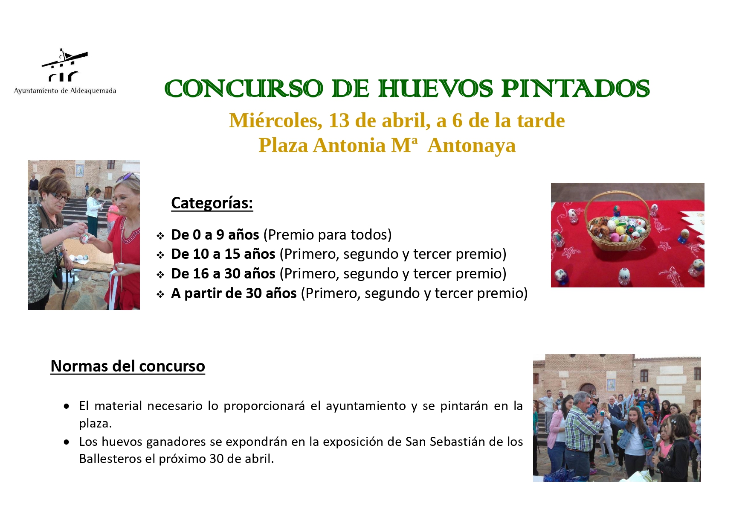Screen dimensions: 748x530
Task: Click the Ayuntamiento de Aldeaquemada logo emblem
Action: pos(64,65)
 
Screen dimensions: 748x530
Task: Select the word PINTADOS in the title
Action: pos(575,89)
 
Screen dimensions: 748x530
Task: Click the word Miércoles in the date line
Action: pos(275,120)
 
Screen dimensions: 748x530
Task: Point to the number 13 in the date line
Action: pos(339,120)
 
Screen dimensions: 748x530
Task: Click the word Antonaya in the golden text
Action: pos(471,145)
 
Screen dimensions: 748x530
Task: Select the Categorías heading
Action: pos(212,203)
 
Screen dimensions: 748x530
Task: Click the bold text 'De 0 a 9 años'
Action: pos(215,234)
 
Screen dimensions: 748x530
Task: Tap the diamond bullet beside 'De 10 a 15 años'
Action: pos(160,255)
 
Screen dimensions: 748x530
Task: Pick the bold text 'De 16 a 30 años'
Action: pos(223,273)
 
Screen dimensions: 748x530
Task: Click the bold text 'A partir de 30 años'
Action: pos(234,293)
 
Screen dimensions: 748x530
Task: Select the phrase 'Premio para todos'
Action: pos(328,234)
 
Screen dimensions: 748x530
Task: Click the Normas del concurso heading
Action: pos(128,366)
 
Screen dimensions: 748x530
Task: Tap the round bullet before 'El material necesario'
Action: pos(67,407)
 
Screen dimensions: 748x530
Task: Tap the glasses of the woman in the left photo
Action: pos(59,196)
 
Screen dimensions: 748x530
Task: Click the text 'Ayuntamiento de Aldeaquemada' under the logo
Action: pos(65,91)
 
